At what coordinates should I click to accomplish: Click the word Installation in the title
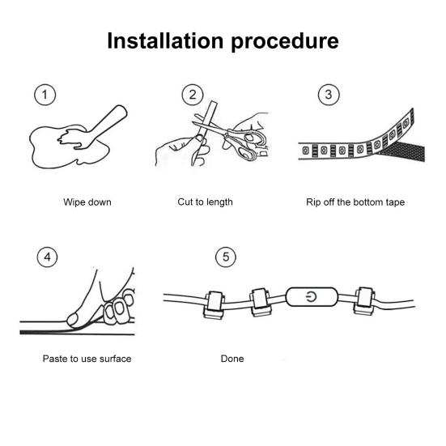[x=165, y=40]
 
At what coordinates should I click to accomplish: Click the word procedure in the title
[x=285, y=43]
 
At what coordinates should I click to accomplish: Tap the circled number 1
[x=45, y=95]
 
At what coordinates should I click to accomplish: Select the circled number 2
[x=193, y=95]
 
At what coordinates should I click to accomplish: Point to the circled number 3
[x=329, y=95]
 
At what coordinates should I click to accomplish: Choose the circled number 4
[x=47, y=257]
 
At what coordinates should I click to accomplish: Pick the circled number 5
[x=226, y=257]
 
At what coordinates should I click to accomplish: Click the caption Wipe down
[x=87, y=202]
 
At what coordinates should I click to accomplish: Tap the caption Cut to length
[x=205, y=202]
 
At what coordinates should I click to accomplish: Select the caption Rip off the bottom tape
[x=355, y=202]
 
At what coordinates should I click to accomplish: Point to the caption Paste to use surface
[x=87, y=359]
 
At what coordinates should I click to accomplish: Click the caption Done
[x=232, y=359]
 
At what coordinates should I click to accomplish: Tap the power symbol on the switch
[x=312, y=297]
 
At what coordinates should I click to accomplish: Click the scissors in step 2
[x=231, y=138]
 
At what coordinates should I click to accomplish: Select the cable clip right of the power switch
[x=364, y=301]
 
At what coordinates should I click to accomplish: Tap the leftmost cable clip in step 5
[x=215, y=304]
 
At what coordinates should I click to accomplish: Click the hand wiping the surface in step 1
[x=91, y=128]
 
